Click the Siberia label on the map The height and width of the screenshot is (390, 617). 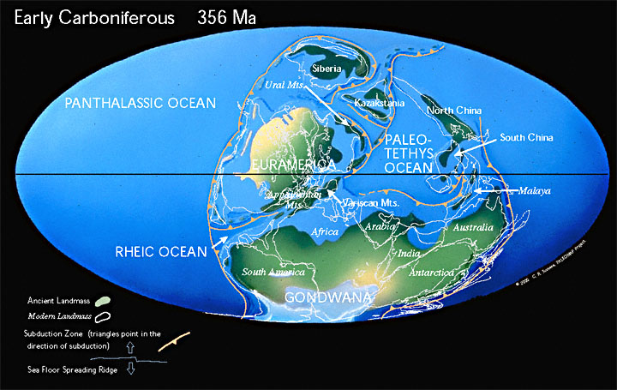pyautogui.click(x=327, y=69)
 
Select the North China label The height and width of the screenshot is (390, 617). pyautogui.click(x=454, y=110)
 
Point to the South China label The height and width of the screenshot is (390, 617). pyautogui.click(x=527, y=137)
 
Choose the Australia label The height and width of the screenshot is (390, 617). pyautogui.click(x=473, y=227)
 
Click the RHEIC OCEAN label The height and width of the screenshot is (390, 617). pyautogui.click(x=162, y=251)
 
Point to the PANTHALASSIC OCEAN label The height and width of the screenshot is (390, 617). pyautogui.click(x=141, y=104)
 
